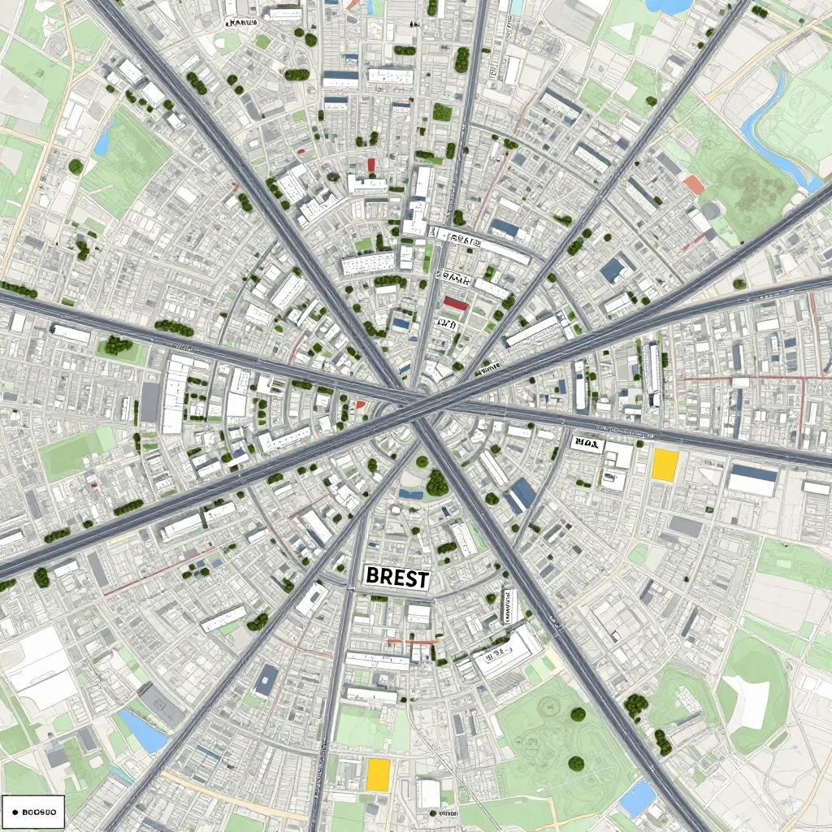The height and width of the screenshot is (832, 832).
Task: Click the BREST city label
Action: coord(397,578)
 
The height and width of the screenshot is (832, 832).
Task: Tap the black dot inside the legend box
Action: coord(15,811)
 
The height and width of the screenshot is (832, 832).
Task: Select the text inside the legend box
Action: coord(38,811)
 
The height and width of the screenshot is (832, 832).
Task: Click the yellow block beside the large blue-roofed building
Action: coord(665,465)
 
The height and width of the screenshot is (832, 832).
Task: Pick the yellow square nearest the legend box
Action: coord(378,774)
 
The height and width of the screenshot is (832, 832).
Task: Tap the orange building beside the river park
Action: coord(693,184)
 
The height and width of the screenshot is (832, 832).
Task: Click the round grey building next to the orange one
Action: coord(712,210)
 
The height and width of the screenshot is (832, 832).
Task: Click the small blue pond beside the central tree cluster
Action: coord(411,493)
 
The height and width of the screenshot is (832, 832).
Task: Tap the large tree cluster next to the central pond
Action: coord(437,484)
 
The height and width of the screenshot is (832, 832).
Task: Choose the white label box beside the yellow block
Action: coord(586,443)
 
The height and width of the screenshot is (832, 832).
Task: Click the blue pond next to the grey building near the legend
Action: coord(142,730)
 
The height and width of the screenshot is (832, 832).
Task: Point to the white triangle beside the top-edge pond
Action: coord(623,33)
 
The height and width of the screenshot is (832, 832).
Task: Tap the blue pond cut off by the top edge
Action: coord(668,6)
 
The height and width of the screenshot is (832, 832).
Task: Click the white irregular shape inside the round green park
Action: coord(747,700)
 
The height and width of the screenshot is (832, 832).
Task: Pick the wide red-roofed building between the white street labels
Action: coord(455,304)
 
